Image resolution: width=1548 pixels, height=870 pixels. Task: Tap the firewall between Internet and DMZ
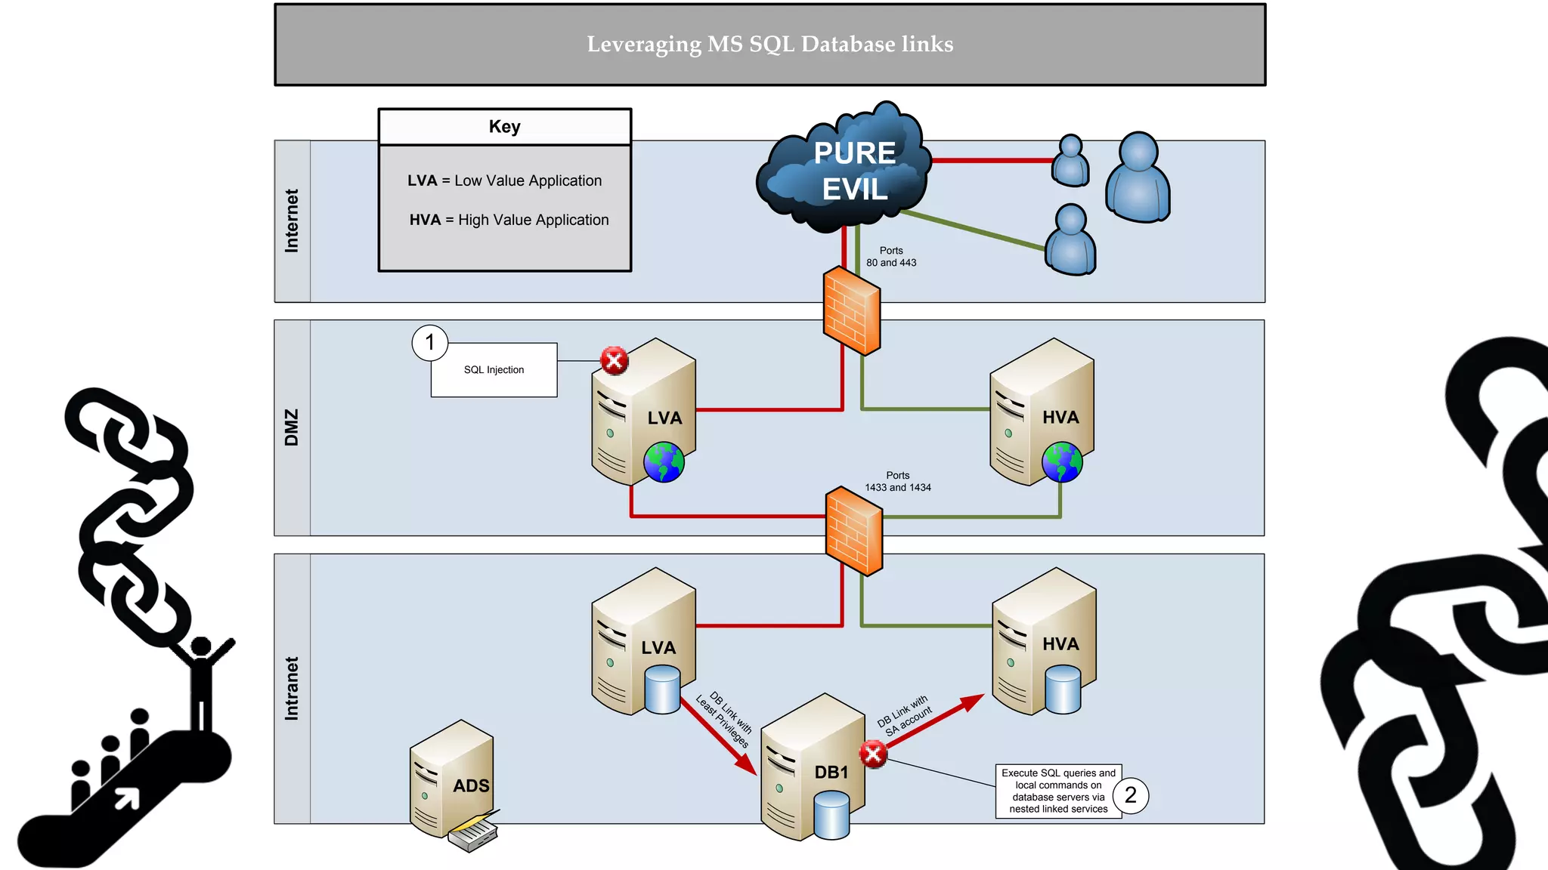(x=852, y=310)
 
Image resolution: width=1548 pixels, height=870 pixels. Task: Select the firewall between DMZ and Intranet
(x=854, y=531)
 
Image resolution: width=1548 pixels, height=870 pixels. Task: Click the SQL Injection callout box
(x=494, y=370)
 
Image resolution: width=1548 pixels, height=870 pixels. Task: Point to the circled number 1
(x=430, y=343)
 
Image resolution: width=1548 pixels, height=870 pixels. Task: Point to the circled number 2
(x=1131, y=795)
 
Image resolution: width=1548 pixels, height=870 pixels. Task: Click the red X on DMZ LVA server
(x=615, y=361)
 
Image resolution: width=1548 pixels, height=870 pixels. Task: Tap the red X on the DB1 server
(x=873, y=754)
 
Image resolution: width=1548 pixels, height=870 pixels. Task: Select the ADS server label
(x=471, y=786)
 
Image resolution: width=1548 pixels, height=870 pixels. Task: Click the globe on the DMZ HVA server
(x=1062, y=462)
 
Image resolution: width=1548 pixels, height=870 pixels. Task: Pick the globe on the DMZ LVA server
(x=664, y=462)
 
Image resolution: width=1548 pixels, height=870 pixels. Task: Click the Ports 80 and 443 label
(x=891, y=257)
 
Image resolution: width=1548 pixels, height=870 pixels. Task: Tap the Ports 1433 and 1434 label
(x=898, y=482)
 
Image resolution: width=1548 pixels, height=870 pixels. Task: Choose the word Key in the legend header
(x=504, y=127)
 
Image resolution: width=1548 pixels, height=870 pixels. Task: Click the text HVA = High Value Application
(x=509, y=220)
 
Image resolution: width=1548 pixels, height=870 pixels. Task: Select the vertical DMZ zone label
(x=292, y=427)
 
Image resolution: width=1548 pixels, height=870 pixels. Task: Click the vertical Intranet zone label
(x=292, y=688)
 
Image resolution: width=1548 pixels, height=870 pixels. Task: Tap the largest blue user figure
(x=1138, y=177)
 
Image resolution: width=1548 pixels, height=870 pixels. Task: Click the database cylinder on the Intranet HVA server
(x=1063, y=690)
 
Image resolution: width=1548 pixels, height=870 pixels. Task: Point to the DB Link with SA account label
(x=905, y=716)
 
